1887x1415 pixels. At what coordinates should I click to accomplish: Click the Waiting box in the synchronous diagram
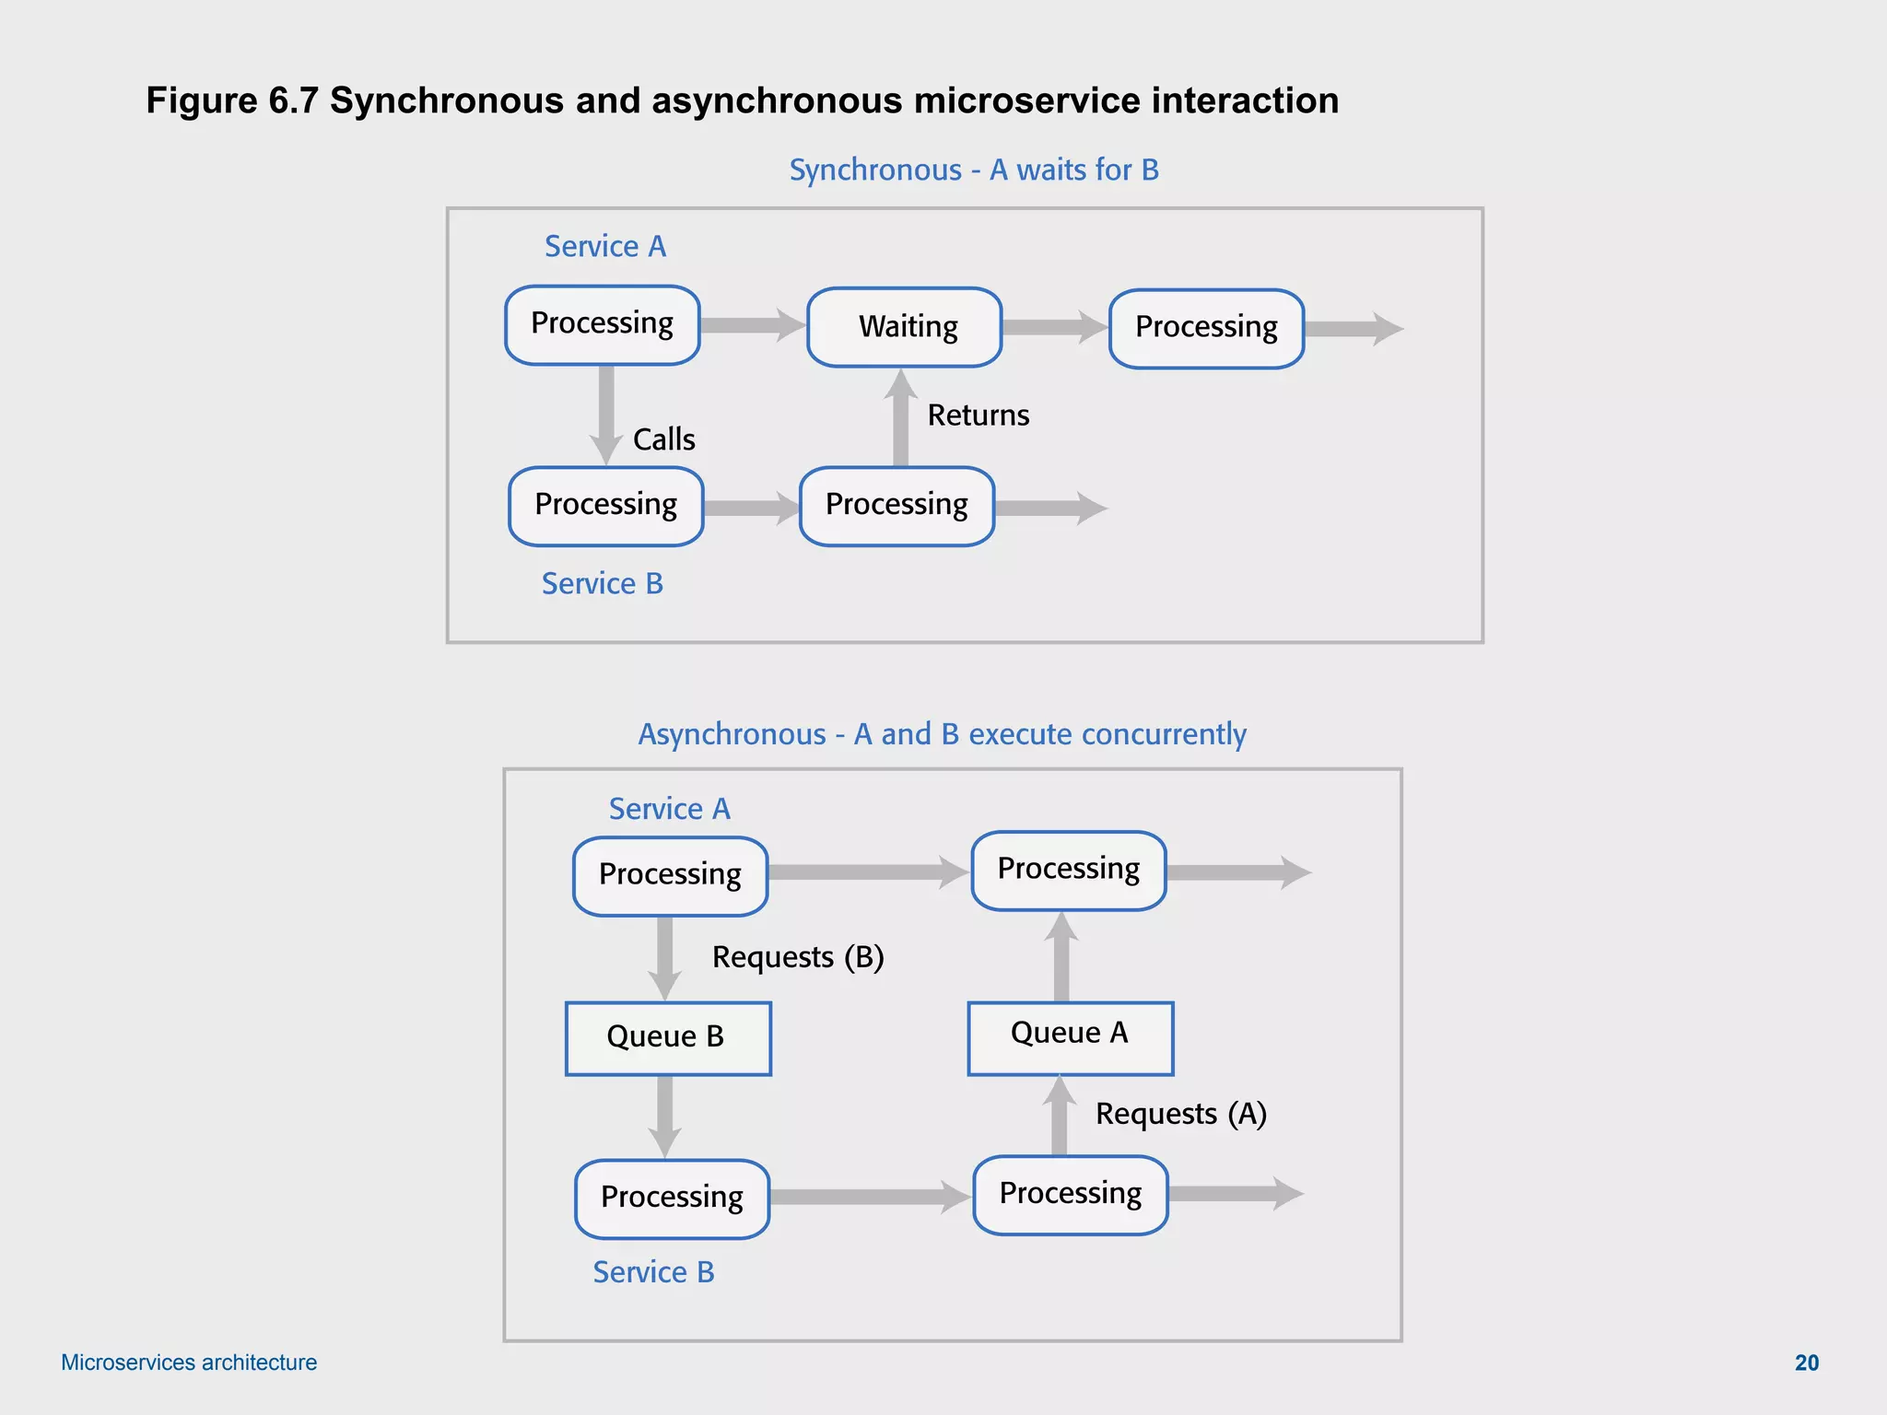pos(904,327)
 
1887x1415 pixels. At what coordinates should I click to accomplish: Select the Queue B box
pos(668,1038)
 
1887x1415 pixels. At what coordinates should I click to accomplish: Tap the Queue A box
pos(1070,1037)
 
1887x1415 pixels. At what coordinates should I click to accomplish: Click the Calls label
pos(663,439)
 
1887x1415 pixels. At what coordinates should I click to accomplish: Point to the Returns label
pos(978,415)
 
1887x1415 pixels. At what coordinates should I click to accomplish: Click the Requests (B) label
pos(798,957)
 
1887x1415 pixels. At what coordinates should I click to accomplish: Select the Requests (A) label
pos(1180,1114)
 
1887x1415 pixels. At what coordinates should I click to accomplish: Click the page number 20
pos(1806,1362)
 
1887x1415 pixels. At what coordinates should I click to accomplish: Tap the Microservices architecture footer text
pos(189,1362)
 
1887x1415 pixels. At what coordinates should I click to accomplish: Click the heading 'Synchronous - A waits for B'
pos(974,170)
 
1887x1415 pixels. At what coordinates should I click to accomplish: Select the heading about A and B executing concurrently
pos(942,734)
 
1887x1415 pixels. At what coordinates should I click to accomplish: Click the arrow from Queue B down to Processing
pos(664,1116)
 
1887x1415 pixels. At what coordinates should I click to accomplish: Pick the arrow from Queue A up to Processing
pos(1061,957)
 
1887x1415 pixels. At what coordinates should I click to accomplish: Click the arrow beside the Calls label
pos(605,415)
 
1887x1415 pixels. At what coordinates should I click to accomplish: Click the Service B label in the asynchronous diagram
pos(653,1272)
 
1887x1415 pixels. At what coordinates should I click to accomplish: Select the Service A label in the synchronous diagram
pos(604,247)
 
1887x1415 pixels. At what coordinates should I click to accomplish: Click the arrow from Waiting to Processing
pos(1054,327)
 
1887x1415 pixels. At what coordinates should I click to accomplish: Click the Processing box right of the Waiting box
pos(1206,329)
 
